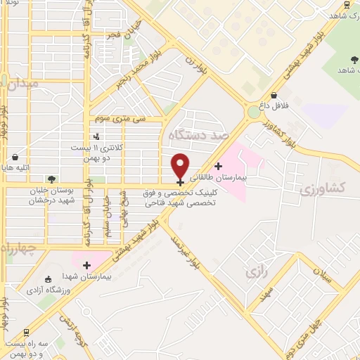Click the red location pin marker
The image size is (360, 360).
coord(181,165)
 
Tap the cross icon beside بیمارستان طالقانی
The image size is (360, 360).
coord(219,167)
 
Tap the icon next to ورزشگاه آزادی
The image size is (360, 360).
coord(47,278)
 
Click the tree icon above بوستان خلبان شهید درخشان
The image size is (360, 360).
coord(51,179)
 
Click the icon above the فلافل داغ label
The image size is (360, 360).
coord(274,96)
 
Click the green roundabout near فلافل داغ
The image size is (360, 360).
coord(254,112)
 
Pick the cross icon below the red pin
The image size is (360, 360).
coord(181,183)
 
